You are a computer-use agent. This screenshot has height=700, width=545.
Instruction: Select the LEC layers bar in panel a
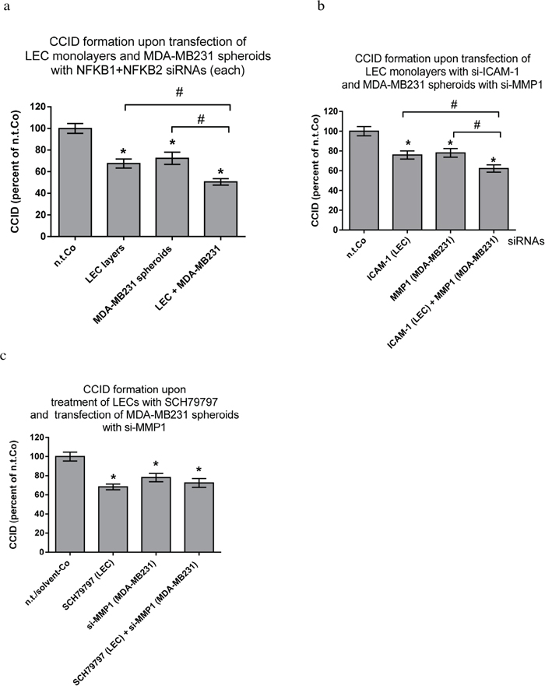[123, 200]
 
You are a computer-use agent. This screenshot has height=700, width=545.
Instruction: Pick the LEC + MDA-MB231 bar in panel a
[220, 209]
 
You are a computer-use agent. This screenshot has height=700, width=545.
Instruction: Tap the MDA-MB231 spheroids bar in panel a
[172, 197]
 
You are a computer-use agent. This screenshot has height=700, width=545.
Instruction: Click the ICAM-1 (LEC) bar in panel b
[408, 192]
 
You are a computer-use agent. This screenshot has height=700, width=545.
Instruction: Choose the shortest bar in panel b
[494, 199]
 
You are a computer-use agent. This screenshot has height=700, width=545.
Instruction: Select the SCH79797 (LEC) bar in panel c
[113, 519]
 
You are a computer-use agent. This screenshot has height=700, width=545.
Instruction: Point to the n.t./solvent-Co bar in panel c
[70, 504]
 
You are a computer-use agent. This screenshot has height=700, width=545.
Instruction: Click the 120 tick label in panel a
[38, 107]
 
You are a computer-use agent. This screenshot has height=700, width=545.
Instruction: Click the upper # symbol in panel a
[179, 93]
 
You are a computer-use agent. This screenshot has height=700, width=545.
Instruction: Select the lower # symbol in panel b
[476, 125]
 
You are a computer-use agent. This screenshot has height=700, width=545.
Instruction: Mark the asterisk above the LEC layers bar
[123, 152]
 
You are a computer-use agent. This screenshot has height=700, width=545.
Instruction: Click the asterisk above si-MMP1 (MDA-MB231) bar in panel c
[156, 464]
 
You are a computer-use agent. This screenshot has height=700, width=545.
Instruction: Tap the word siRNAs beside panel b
[526, 241]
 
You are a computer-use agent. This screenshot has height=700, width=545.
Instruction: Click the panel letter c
[4, 356]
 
